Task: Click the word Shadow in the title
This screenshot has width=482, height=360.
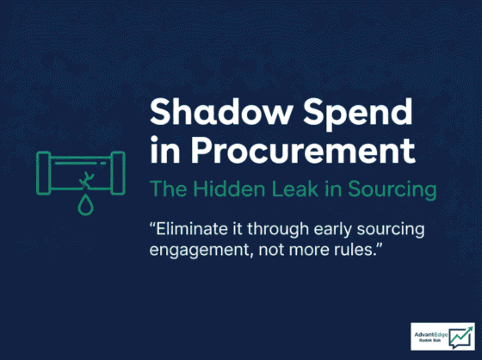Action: (220, 111)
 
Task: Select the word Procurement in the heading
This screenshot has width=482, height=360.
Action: (303, 151)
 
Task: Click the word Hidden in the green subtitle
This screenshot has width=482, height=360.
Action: (229, 189)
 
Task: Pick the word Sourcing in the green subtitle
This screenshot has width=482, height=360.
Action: (392, 190)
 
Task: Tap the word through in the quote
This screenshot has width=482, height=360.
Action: (278, 231)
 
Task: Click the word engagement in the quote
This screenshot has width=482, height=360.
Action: (199, 251)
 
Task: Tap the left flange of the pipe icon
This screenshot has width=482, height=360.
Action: (43, 173)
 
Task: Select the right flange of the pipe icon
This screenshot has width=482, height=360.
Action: (118, 173)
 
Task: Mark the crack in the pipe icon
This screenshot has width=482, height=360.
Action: (86, 180)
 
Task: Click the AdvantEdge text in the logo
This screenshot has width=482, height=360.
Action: (431, 335)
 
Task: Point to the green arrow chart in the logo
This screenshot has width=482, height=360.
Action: (460, 338)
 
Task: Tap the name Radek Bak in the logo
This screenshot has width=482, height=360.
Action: (429, 340)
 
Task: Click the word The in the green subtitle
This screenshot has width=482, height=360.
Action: (168, 189)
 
